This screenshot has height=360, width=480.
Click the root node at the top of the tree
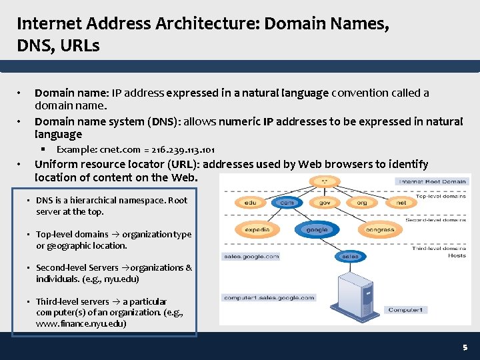pos(324,181)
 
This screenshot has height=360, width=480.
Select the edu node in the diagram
pos(251,202)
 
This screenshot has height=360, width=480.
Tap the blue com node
pos(287,202)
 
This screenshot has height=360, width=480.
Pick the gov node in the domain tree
pos(324,202)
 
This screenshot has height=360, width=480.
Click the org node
pos(361,202)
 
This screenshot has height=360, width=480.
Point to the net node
pos(401,202)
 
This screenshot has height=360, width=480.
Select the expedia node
pos(257,229)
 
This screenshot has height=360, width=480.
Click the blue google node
pos(317,229)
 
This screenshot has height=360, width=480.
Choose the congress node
pos(380,229)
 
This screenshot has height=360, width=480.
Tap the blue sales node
pos(349,256)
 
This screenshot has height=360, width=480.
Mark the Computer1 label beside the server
pos(405,310)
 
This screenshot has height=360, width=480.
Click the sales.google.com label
pos(251,256)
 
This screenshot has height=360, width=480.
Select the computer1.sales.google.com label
pos(269,298)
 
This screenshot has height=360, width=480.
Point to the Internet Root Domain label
pos(432,181)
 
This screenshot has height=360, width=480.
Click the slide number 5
pos(465,347)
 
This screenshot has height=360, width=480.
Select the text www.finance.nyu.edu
pos(81,323)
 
